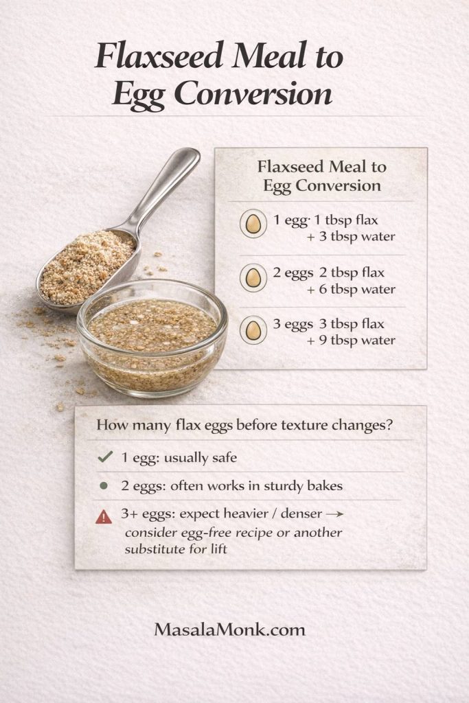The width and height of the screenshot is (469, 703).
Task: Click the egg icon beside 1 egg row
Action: click(x=253, y=224)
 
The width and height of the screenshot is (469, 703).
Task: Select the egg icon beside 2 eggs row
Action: click(x=253, y=277)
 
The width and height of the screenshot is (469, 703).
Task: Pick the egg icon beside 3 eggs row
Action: click(x=253, y=330)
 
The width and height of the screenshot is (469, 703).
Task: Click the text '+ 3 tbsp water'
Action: click(x=351, y=237)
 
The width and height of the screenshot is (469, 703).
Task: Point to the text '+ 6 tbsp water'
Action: click(x=351, y=289)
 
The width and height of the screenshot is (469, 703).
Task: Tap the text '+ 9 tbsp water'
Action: click(x=351, y=340)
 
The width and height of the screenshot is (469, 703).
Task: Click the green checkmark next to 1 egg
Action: click(x=105, y=456)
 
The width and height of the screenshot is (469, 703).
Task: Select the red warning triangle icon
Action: click(x=104, y=516)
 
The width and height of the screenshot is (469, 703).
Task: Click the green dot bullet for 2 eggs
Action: click(x=104, y=485)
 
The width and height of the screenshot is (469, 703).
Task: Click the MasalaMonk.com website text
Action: click(x=230, y=629)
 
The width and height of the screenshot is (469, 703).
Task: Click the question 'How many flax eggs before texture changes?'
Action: click(x=244, y=424)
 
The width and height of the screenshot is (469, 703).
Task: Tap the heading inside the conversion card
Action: click(x=321, y=176)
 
